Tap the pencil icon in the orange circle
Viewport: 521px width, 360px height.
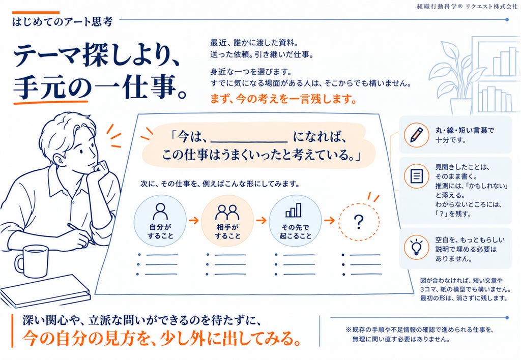point(416,135)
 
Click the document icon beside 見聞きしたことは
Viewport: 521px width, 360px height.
point(416,176)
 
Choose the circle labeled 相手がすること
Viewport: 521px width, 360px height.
point(227,221)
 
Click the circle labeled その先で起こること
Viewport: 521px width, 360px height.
point(295,221)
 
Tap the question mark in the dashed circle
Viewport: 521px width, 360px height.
point(359,222)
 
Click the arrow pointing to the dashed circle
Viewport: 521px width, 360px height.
point(329,220)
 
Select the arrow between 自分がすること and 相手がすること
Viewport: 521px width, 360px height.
point(194,220)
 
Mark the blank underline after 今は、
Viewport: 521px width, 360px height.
point(249,142)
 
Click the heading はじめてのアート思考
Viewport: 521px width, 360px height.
point(63,21)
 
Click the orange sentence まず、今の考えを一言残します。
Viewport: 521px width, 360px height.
point(283,99)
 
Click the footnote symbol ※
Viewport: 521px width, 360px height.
point(348,330)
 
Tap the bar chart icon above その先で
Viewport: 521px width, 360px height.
point(294,210)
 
